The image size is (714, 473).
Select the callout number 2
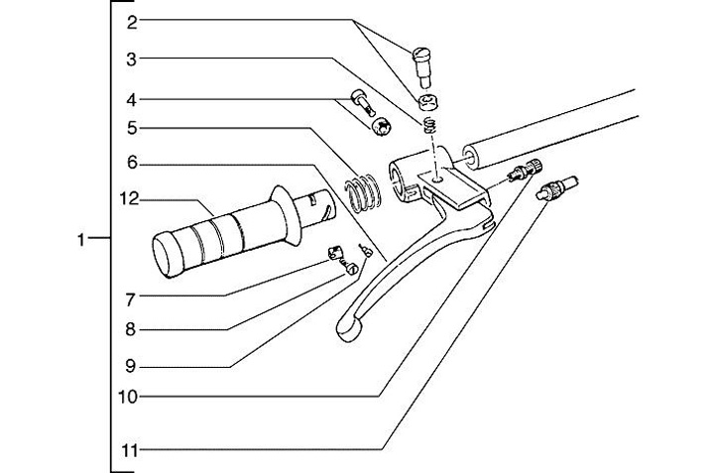point(133,20)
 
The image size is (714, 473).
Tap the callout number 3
point(133,59)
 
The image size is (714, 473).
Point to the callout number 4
point(133,99)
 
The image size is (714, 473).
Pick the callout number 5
point(133,128)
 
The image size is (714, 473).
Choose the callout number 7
point(133,296)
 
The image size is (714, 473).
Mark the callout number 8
point(133,329)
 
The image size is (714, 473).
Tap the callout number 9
point(133,365)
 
